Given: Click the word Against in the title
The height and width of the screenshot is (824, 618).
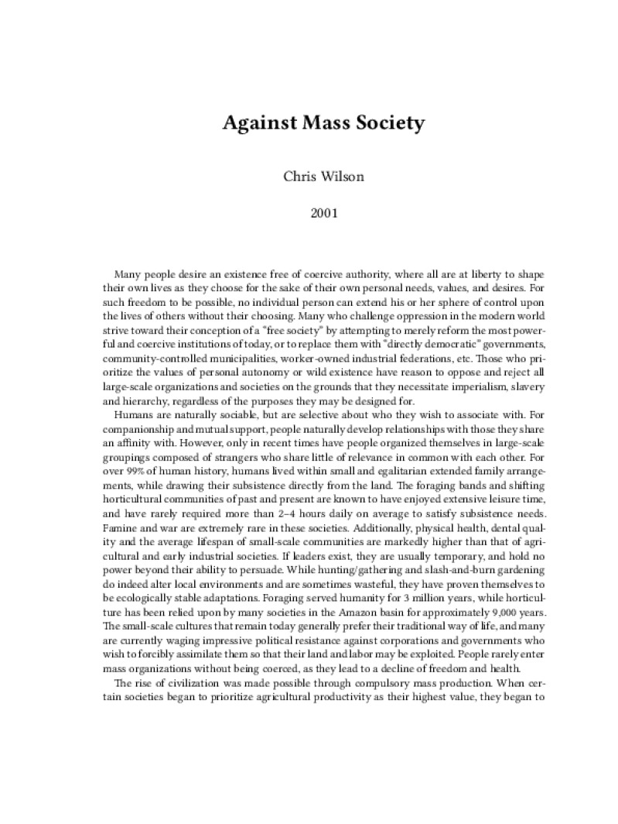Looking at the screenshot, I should tap(254, 123).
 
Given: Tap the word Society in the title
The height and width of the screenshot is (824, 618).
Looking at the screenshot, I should tap(365, 123).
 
